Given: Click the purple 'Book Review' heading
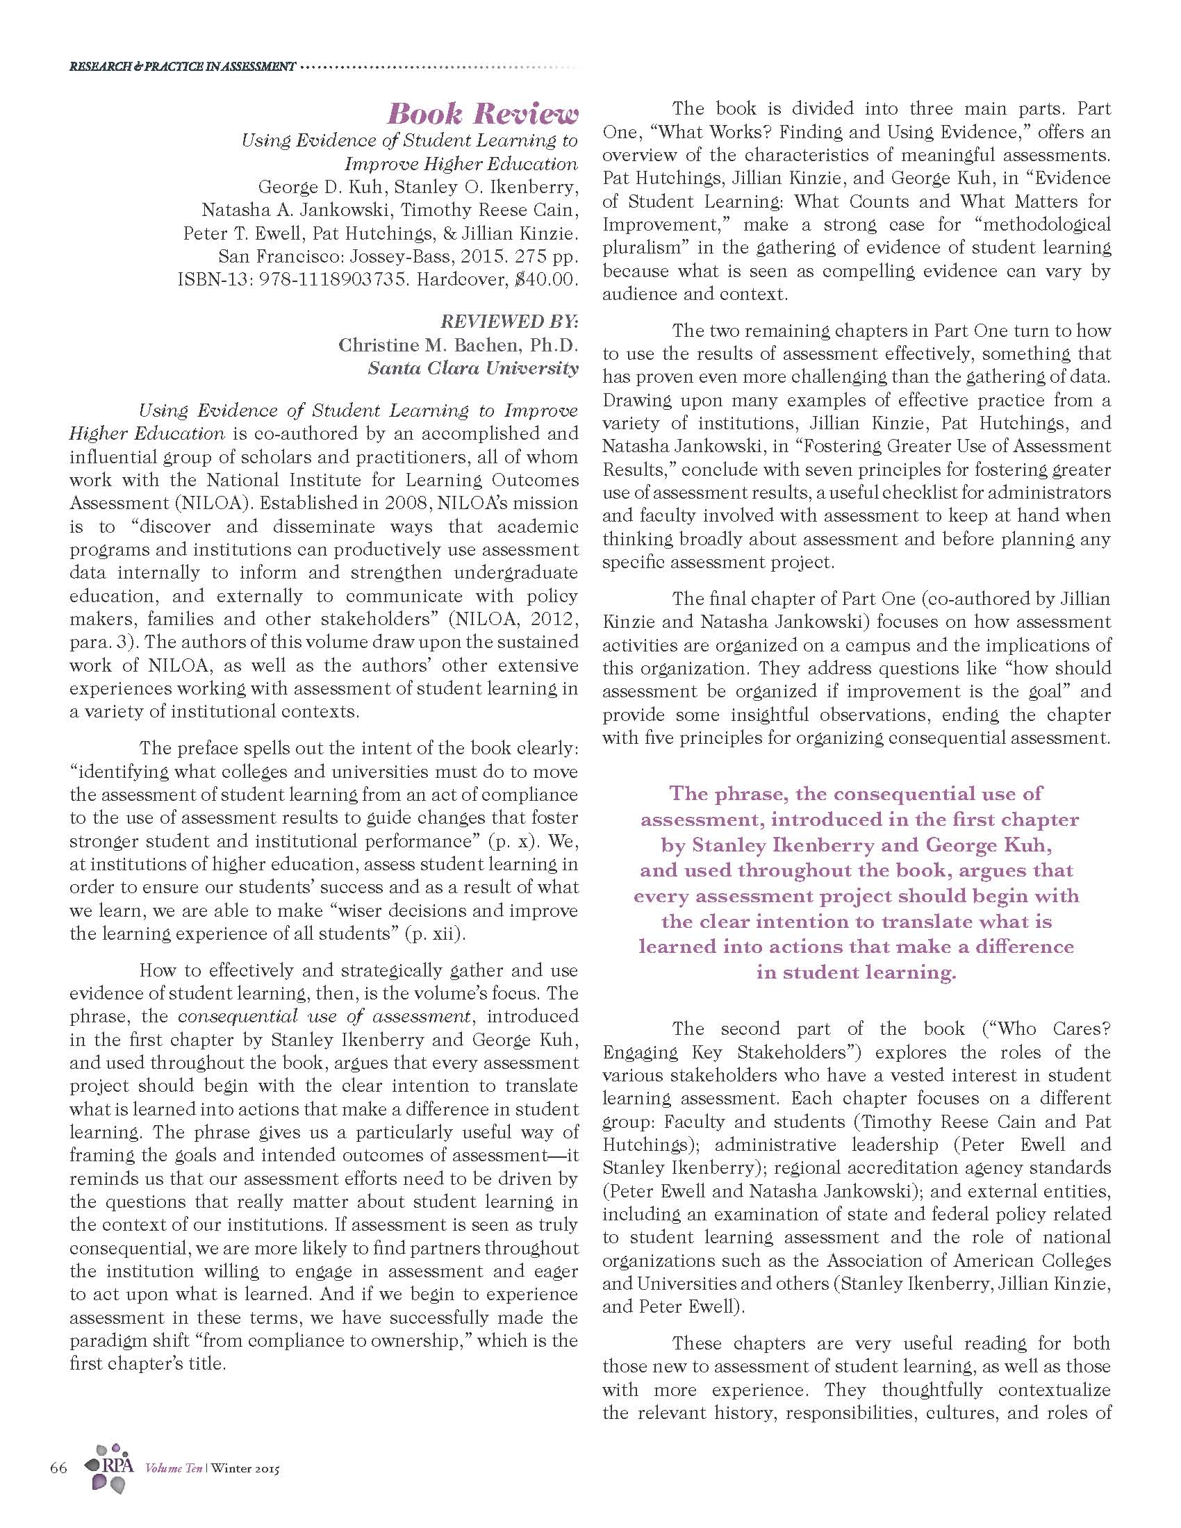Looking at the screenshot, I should coord(483,113).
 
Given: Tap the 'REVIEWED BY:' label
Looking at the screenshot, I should coord(509,321).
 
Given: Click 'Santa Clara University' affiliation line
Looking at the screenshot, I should coord(473,368).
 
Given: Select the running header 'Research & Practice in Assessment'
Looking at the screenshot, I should coord(182,67).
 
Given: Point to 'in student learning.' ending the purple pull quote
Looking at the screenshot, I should coord(856,972).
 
